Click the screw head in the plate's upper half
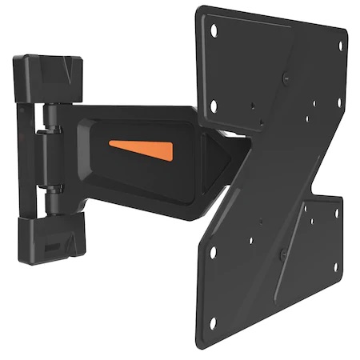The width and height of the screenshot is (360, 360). click(x=286, y=77)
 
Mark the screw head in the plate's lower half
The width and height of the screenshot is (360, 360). click(x=282, y=254)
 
